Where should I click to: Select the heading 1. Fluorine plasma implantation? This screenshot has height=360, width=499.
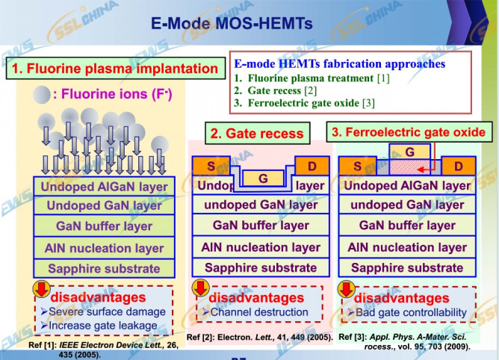tap(114, 69)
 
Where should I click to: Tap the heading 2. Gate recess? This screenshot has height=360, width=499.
tap(256, 134)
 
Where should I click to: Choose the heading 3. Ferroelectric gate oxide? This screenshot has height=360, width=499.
tap(408, 132)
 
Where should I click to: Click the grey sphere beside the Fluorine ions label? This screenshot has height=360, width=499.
tap(40, 94)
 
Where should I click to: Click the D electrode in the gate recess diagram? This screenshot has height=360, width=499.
tap(309, 164)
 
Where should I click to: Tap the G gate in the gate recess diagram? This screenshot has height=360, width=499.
tap(262, 179)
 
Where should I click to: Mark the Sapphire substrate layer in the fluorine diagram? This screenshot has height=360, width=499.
tap(104, 268)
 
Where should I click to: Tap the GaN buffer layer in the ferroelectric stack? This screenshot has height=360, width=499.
tap(407, 225)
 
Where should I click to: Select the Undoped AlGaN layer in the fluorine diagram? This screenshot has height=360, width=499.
tap(104, 186)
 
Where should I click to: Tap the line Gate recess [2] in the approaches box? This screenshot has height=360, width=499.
tap(276, 90)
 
